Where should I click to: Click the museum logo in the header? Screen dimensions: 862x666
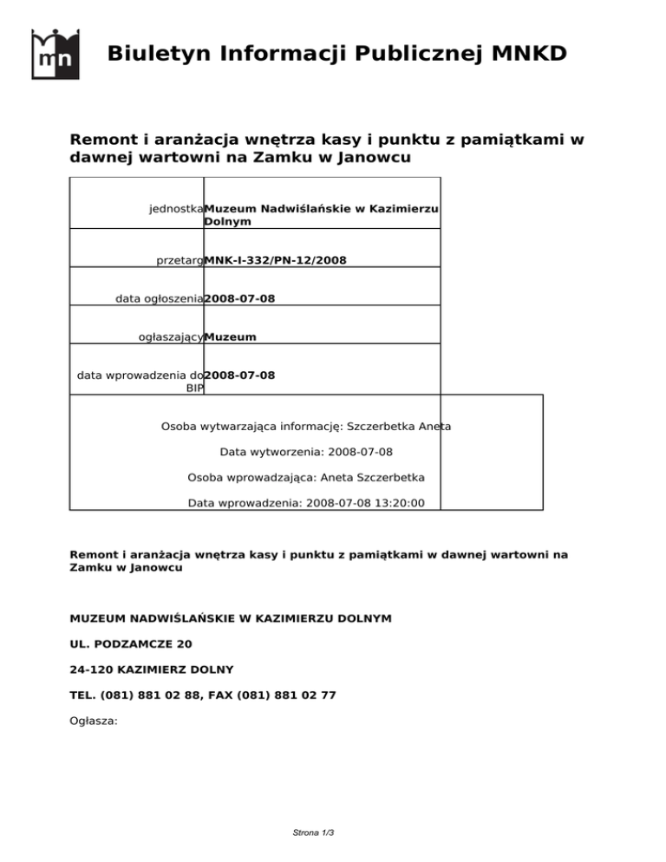coord(55,54)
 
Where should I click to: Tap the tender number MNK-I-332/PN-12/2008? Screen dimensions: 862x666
coord(276,260)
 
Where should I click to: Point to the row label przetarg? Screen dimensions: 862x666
coord(180,260)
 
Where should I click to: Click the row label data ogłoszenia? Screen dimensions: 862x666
coord(160,298)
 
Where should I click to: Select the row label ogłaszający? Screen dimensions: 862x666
coord(171,336)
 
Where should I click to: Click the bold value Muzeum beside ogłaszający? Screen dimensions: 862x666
coord(230,336)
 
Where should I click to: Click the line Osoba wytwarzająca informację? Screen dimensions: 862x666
coord(306,427)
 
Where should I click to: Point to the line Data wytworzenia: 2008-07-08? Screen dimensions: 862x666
coord(306,452)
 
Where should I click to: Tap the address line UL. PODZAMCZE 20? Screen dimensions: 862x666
coord(131,644)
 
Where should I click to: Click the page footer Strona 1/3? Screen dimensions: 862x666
coord(313,833)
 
